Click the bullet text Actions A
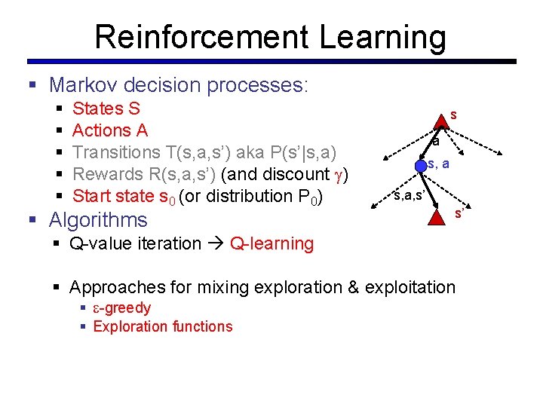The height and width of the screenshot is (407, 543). pos(110,130)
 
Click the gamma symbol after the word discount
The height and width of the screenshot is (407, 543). pos(340,175)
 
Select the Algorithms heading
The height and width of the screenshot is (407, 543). pos(98,220)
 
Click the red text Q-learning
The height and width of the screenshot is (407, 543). pos(271,243)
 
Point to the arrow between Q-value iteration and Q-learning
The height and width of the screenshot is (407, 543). pos(216,243)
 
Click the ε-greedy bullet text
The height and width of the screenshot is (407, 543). pos(122,308)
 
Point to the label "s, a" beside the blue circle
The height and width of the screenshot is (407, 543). pos(439,164)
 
